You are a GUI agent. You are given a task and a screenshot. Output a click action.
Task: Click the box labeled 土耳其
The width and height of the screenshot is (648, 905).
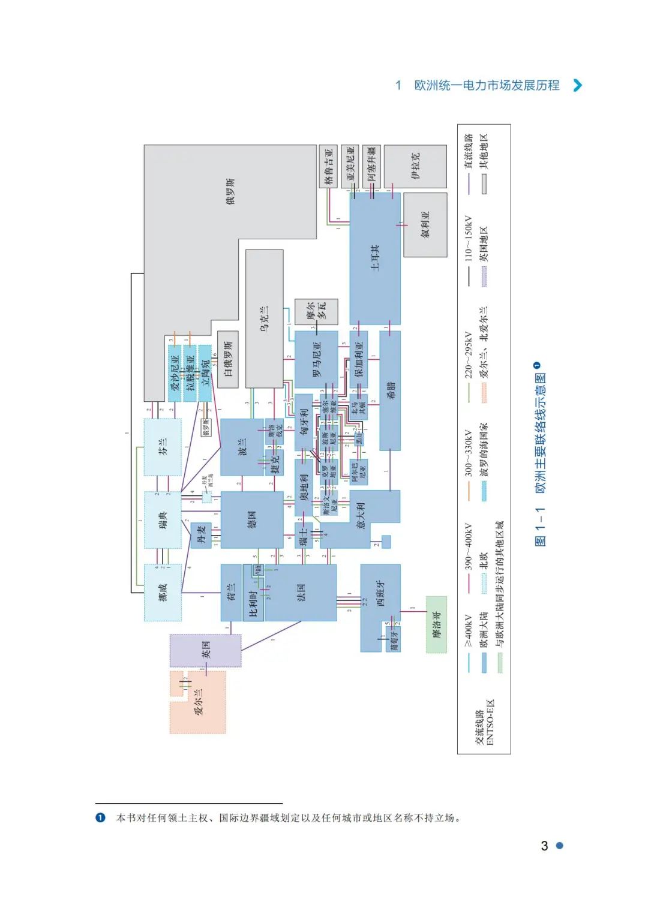[375, 258]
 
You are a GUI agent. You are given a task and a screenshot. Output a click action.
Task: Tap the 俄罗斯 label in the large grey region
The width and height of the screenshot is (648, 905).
[230, 191]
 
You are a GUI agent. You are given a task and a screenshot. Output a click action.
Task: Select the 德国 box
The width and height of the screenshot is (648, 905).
[252, 519]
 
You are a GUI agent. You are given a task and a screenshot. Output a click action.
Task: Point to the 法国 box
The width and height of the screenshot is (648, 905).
[301, 593]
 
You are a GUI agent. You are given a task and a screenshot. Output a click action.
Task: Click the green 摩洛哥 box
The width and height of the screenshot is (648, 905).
[436, 624]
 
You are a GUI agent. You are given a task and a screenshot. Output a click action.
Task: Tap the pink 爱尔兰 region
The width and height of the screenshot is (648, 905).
[199, 701]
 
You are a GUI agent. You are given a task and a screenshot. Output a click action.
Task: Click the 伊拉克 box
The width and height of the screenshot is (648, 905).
[415, 166]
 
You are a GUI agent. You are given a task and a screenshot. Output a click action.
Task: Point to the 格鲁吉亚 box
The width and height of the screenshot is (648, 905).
[328, 166]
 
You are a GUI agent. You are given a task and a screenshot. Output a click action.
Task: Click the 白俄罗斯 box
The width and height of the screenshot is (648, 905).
[228, 359]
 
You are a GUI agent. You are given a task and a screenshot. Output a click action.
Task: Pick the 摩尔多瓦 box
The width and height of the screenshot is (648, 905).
[316, 312]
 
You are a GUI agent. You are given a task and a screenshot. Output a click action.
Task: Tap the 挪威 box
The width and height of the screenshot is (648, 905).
[163, 593]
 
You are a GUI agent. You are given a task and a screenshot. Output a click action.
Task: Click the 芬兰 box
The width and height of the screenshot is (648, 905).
[163, 447]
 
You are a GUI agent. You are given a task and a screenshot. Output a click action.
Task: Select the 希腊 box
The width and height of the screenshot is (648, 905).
[390, 390]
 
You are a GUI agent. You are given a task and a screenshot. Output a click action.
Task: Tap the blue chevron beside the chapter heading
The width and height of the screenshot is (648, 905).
[577, 85]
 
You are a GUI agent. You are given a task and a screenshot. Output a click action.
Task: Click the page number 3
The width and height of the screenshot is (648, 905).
[544, 846]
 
